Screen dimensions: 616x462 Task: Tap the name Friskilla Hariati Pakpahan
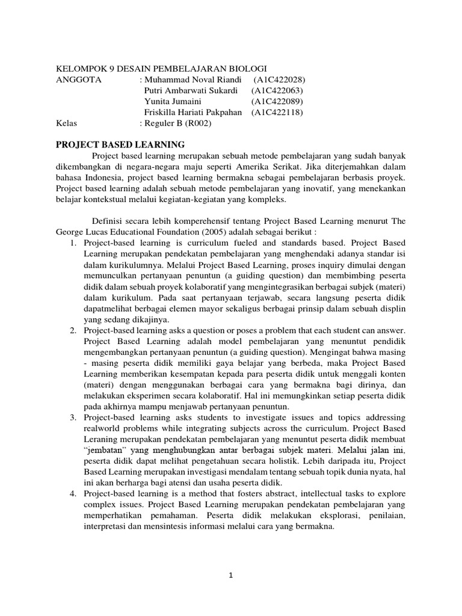click(193, 112)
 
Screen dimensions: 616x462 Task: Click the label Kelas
click(66, 123)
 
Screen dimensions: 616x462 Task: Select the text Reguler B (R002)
click(178, 123)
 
